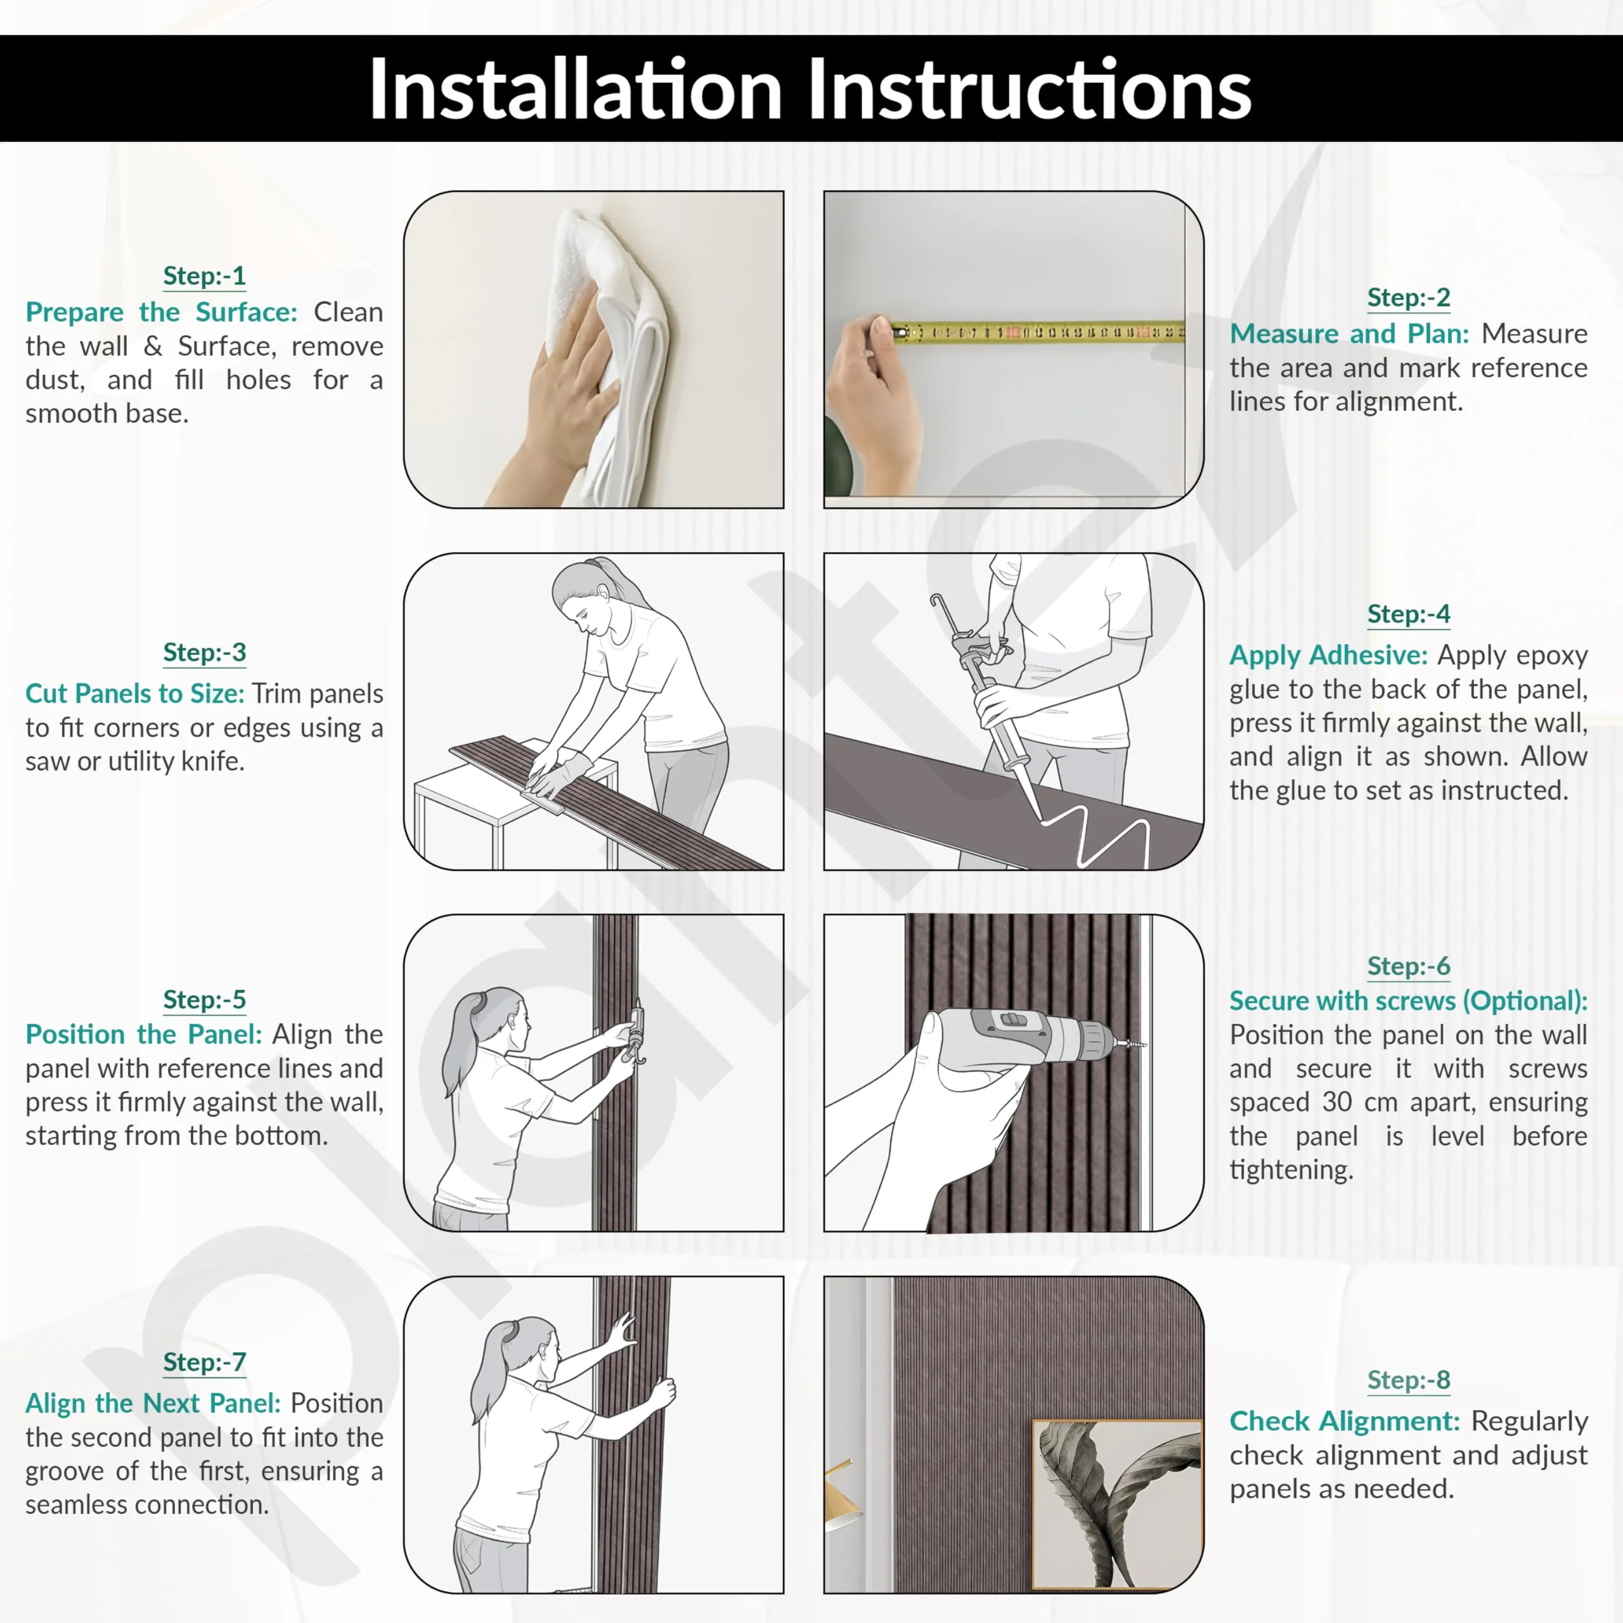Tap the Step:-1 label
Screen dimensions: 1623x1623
click(204, 276)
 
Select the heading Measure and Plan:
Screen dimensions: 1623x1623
click(1349, 333)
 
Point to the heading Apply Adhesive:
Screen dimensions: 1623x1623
click(1328, 656)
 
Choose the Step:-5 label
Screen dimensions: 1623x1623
click(204, 1000)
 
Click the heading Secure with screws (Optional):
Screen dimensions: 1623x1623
click(1408, 1000)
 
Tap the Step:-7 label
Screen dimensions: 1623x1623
click(204, 1362)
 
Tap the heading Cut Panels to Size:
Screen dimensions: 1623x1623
click(134, 694)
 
